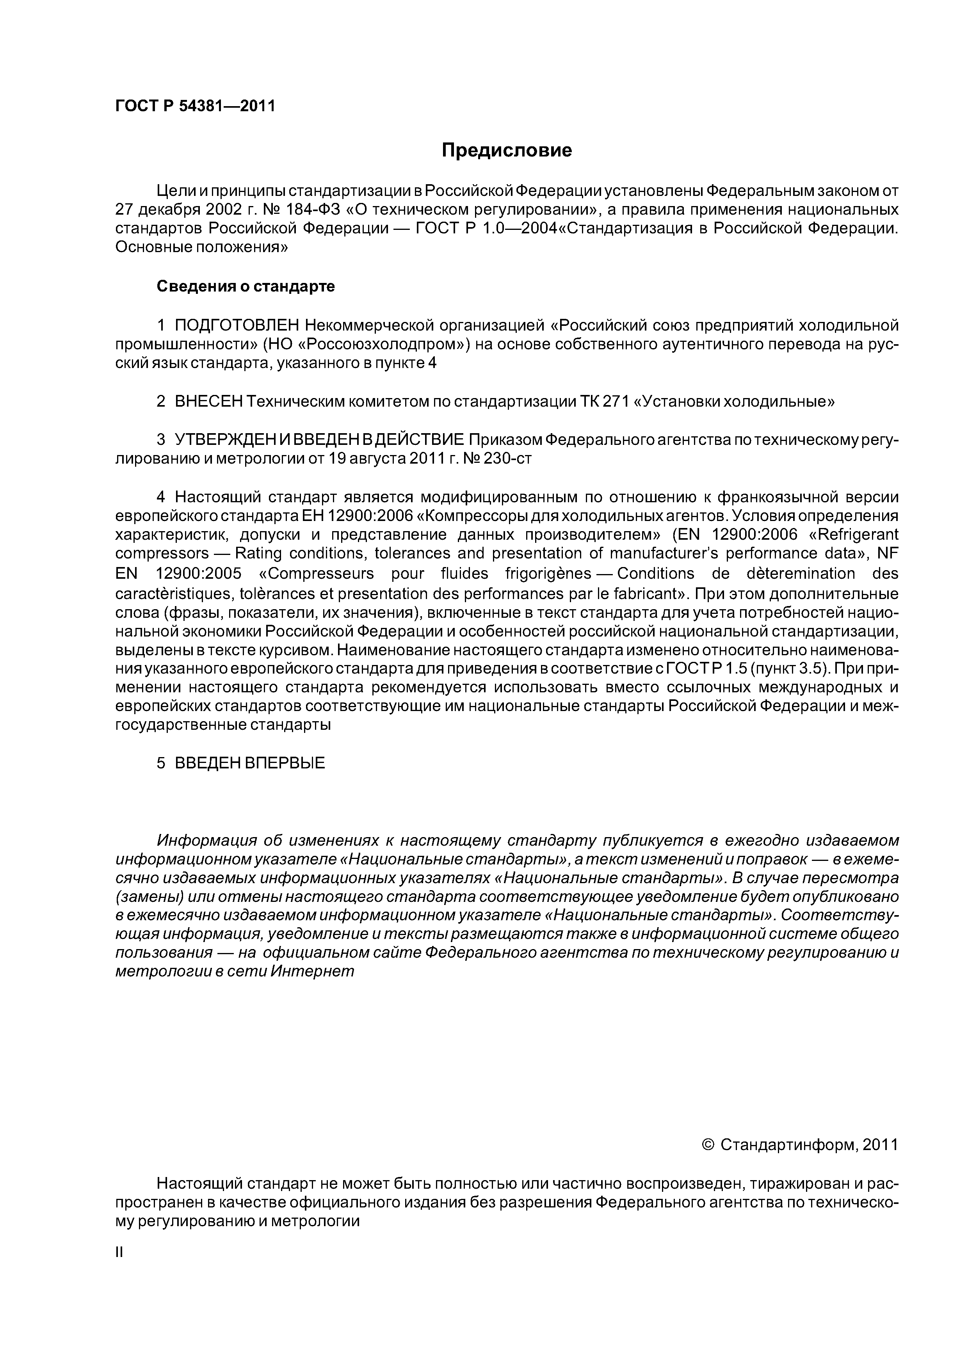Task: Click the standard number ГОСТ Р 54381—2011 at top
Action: pyautogui.click(x=195, y=106)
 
